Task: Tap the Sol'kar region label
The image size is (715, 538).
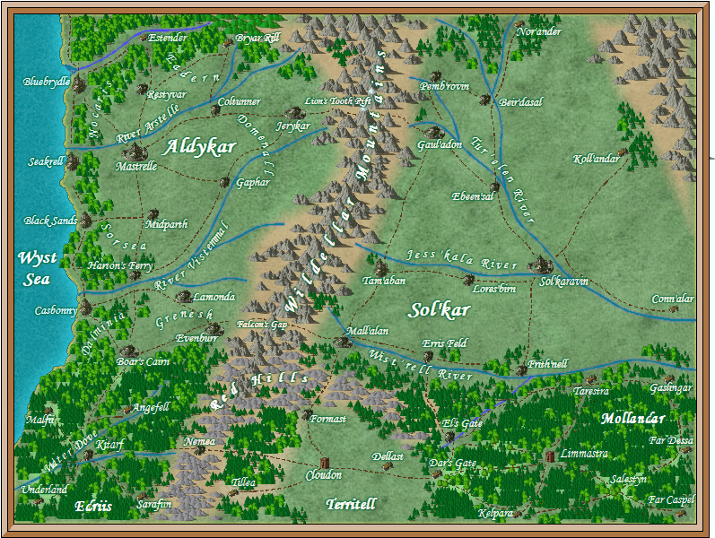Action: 440,310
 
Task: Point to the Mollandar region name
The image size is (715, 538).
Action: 633,419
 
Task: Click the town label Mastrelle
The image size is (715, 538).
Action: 136,166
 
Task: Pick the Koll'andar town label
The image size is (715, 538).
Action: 596,159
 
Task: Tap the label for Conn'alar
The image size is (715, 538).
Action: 673,299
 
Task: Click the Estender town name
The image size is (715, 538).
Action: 168,38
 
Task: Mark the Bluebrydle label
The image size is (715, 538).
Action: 46,82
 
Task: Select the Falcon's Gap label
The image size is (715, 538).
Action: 261,325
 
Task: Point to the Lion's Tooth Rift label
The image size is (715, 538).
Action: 338,101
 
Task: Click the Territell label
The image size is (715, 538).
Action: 351,504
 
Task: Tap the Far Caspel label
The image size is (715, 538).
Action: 671,499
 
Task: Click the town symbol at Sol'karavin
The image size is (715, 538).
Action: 541,264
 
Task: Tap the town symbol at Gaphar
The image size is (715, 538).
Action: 225,181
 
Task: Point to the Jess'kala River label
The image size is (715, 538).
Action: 462,260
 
